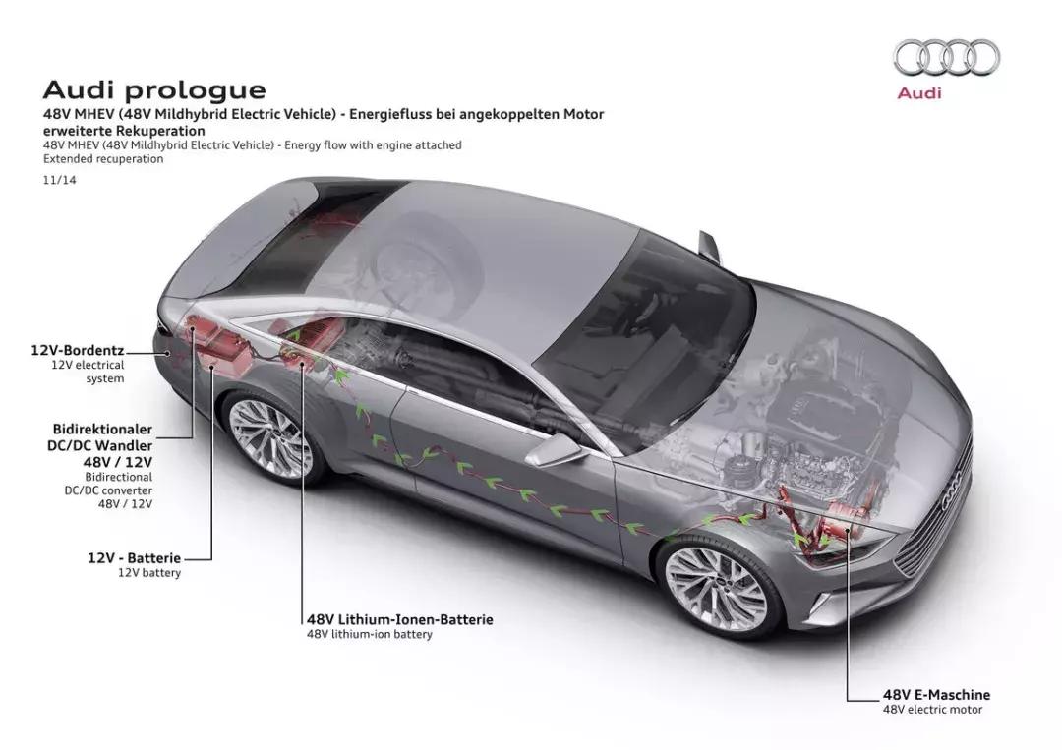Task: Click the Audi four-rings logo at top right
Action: (x=945, y=57)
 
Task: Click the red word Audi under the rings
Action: (x=918, y=92)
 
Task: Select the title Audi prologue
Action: (x=154, y=90)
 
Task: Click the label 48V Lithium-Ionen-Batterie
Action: (x=399, y=619)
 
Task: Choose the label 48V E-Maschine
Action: (x=936, y=694)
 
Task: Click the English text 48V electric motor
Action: (x=932, y=709)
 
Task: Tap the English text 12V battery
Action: (x=149, y=573)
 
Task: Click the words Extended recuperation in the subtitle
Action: (x=102, y=159)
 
